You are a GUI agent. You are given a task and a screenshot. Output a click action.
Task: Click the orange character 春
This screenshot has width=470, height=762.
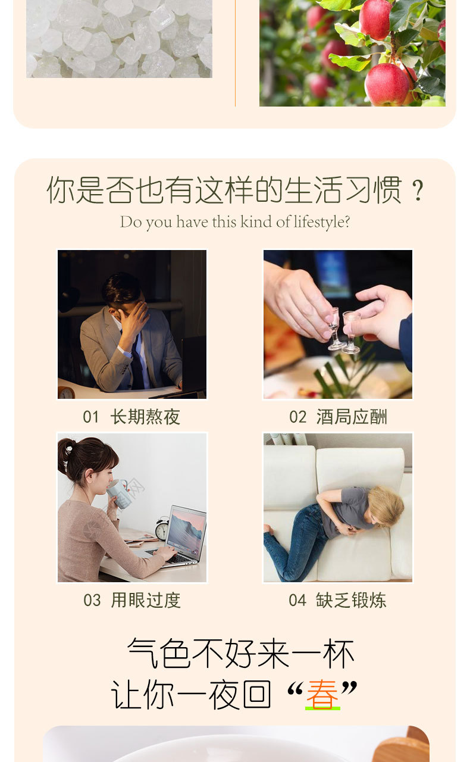click(322, 694)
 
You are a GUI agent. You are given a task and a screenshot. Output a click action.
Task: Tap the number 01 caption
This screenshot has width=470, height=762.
click(91, 417)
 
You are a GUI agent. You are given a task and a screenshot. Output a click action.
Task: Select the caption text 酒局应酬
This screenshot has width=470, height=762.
click(352, 417)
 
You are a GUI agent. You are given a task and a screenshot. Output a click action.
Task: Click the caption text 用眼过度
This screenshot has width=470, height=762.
click(146, 600)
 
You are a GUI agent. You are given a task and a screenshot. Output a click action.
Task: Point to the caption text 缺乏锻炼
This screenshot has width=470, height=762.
click(351, 600)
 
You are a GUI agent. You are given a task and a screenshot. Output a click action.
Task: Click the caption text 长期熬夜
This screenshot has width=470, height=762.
click(145, 417)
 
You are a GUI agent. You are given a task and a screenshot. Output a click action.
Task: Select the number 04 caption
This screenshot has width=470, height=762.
click(297, 601)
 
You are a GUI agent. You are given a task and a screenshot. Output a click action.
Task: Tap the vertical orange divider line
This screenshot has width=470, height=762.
click(235, 53)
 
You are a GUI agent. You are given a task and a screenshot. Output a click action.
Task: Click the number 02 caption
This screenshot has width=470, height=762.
click(297, 417)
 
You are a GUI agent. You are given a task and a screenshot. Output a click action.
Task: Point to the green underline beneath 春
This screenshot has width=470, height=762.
click(322, 708)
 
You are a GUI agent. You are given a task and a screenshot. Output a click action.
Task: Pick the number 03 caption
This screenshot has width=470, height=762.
click(92, 601)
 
